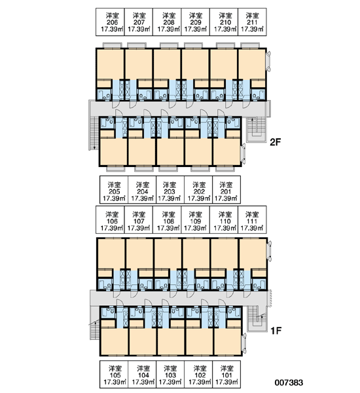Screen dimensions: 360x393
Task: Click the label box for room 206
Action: pos(110,22)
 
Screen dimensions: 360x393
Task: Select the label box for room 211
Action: pos(252,22)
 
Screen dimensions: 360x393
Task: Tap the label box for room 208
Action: pos(167,22)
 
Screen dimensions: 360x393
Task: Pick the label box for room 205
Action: pos(114,189)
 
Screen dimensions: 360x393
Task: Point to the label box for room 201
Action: pos(226,189)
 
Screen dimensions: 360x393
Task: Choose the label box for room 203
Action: pos(170,189)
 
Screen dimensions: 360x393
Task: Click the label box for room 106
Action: pos(110,220)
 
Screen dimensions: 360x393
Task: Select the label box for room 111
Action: pos(252,220)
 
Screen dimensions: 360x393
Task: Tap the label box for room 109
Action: pos(196,220)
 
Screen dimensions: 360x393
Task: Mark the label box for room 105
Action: pos(114,375)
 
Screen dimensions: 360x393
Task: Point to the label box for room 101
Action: pos(226,375)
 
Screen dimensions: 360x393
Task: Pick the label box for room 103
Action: pos(170,375)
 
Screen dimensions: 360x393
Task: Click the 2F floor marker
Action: pos(276,142)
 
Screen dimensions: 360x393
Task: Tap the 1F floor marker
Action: pos(276,331)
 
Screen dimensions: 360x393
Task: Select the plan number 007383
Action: pos(289,383)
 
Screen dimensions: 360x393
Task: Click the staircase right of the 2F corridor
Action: pos(257,130)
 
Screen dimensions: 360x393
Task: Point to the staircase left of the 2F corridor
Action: pos(94,134)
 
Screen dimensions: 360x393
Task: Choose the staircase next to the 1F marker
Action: pos(257,319)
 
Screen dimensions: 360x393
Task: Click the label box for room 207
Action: pos(139,22)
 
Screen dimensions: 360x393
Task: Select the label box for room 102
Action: pos(198,375)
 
